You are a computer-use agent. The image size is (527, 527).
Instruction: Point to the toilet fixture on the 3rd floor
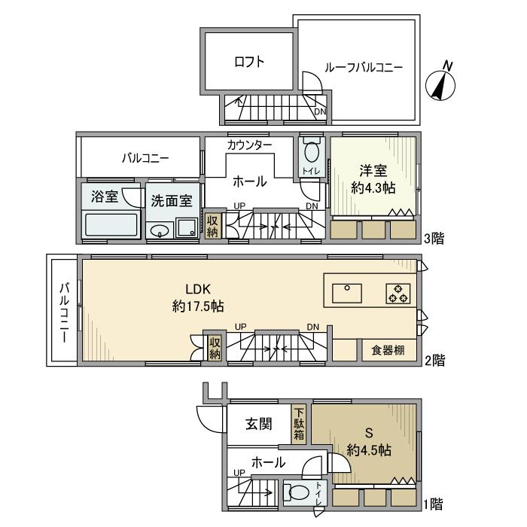[311, 151]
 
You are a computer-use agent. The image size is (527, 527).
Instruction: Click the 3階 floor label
[434, 240]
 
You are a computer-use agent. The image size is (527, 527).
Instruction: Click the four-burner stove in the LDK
[398, 293]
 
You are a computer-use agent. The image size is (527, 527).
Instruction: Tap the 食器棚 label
[389, 350]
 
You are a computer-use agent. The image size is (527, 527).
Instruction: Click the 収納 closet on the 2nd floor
[214, 347]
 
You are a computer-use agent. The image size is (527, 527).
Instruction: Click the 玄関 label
[257, 425]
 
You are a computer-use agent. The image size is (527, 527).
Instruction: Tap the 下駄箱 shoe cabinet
[299, 425]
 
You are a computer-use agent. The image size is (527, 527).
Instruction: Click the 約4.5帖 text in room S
[369, 450]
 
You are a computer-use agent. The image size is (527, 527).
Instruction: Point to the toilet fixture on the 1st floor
[298, 494]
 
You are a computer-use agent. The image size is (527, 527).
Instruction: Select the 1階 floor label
[434, 502]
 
